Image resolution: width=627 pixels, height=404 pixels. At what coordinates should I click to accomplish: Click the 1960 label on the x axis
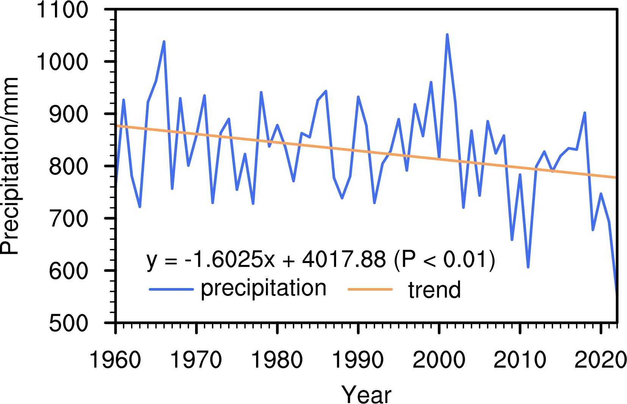point(115,360)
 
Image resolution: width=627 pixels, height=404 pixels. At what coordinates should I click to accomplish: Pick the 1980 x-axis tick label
point(277,360)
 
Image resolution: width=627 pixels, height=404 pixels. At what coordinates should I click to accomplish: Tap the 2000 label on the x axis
point(439,360)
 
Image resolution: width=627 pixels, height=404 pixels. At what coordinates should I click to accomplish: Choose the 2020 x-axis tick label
point(600,360)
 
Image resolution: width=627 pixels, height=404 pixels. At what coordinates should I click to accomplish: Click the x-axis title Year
point(366,394)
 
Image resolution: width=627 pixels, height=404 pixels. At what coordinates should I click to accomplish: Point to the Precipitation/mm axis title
point(10,166)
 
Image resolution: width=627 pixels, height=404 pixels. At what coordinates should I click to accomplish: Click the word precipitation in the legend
point(263,288)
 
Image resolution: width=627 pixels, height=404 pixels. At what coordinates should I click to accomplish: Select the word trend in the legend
point(434,290)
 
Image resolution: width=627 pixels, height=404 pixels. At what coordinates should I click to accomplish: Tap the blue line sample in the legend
point(171,290)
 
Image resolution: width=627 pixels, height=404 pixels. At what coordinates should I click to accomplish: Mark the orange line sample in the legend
point(370,290)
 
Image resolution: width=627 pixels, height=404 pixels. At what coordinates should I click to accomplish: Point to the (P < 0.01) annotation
point(444,260)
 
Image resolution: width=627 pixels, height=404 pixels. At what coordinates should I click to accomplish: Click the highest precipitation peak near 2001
point(447,34)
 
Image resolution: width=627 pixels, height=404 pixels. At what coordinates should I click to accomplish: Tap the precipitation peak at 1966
point(164,41)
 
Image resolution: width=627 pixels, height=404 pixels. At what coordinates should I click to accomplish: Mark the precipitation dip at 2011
point(528,267)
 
